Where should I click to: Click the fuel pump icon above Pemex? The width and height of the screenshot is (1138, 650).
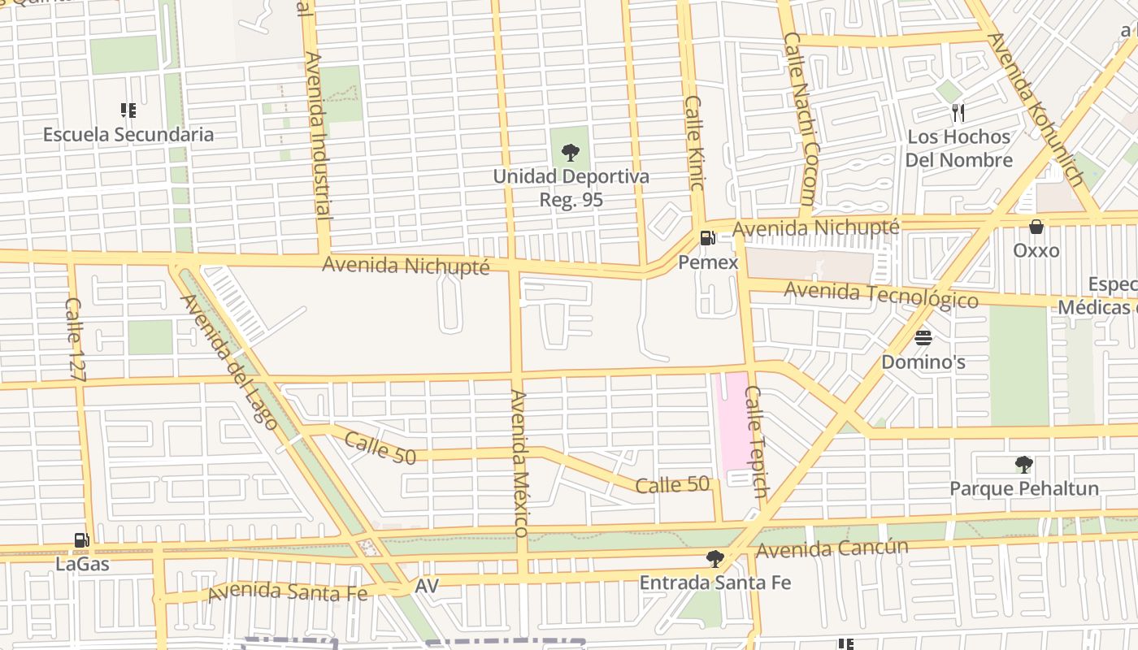[x=708, y=238]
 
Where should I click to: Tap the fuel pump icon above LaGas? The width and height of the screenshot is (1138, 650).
[x=81, y=539]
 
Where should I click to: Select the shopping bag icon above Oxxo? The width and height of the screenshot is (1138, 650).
[x=1036, y=227]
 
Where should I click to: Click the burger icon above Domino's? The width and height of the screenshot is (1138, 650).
[x=923, y=337]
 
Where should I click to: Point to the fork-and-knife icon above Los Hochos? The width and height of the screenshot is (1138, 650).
[x=958, y=113]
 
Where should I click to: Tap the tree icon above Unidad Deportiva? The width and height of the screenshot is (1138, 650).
[x=571, y=152]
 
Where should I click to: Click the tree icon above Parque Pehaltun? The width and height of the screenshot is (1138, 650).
[x=1024, y=465]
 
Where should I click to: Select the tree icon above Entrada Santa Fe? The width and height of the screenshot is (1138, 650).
[x=715, y=558]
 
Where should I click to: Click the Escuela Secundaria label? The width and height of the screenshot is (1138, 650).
[x=128, y=135]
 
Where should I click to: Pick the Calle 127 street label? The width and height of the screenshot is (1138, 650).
[x=75, y=339]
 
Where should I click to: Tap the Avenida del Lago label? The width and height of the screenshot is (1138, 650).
[x=229, y=361]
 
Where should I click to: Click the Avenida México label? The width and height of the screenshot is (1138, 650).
[x=520, y=463]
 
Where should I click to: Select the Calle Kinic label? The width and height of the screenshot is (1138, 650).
[x=694, y=143]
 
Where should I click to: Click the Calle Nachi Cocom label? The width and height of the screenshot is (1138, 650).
[x=800, y=119]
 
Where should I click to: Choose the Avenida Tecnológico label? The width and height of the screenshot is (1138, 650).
[x=881, y=294]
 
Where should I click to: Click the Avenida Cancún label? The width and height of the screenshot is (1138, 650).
[x=832, y=548]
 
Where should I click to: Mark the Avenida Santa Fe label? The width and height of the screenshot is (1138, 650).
[x=287, y=592]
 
